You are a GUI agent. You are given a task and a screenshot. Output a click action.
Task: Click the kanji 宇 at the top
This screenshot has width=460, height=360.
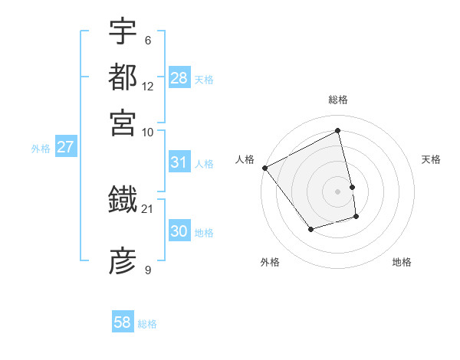pos(123,31)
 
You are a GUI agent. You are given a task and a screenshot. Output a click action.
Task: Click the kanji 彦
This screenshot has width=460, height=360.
pos(123,260)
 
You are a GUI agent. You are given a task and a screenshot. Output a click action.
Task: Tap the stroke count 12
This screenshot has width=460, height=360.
pos(147,86)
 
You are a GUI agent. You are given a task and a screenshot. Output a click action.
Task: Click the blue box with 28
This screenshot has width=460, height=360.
pos(179,77)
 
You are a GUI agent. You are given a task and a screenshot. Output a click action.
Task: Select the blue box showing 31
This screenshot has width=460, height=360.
pos(179,162)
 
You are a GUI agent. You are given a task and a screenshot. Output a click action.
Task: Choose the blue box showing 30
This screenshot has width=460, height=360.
pos(179,231)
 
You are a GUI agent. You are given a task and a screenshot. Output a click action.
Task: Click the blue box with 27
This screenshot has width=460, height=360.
pos(65,147)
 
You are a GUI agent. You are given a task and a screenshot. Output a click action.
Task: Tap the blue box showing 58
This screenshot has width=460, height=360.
pos(123,322)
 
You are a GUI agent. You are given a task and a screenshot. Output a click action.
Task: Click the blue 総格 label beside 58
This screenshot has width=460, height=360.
pos(147,324)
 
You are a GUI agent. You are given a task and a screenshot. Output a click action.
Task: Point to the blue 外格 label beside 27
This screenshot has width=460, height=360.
pos(40,149)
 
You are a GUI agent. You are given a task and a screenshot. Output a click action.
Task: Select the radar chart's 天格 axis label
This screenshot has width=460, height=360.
pos(431,159)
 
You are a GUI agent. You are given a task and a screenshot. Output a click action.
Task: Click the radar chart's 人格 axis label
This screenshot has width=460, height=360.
pos(245,159)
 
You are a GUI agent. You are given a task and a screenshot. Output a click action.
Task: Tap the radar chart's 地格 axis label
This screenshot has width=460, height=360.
pos(402,262)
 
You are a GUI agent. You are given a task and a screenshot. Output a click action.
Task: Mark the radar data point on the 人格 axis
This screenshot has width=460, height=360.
pos(264,168)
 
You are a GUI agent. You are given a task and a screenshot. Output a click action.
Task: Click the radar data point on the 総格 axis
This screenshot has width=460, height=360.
pos(337,131)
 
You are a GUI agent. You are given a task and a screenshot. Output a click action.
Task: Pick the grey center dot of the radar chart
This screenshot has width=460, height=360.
pos(337,191)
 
